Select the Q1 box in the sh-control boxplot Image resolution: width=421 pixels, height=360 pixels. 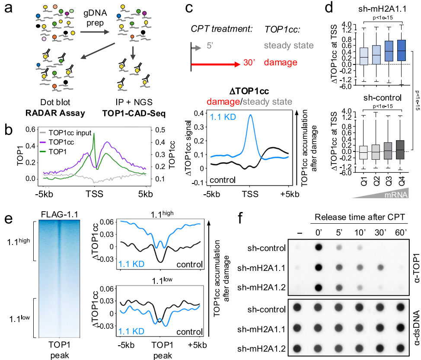(x=364, y=152)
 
